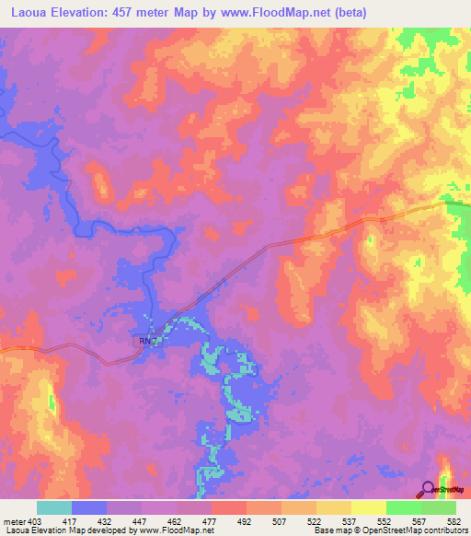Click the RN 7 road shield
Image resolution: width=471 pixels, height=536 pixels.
(149, 341)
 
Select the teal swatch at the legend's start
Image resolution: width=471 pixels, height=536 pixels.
(54, 507)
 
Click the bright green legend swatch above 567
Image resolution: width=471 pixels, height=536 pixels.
(403, 507)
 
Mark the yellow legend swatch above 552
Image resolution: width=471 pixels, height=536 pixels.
(368, 507)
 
